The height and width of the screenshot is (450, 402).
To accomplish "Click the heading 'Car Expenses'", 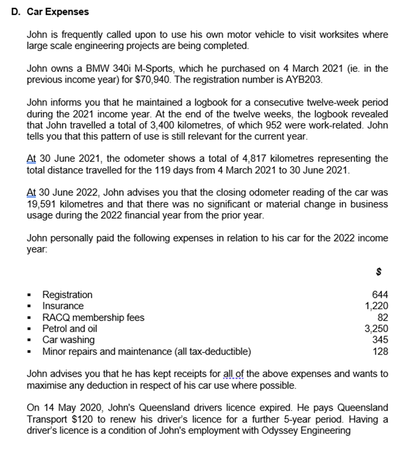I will click(x=58, y=12).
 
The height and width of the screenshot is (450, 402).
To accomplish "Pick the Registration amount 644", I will click(x=380, y=294).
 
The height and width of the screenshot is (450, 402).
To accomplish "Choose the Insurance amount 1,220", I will click(x=376, y=306).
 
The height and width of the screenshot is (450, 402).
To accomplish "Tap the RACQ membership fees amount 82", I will click(x=383, y=318).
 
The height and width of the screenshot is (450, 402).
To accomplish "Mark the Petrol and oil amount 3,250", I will click(x=376, y=329).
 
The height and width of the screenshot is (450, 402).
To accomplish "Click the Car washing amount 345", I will click(x=380, y=340).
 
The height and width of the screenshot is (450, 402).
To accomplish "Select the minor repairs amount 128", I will click(x=380, y=352).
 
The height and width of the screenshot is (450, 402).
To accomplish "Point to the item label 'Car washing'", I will click(x=68, y=340).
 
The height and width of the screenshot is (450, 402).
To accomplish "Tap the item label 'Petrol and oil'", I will click(x=70, y=329).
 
